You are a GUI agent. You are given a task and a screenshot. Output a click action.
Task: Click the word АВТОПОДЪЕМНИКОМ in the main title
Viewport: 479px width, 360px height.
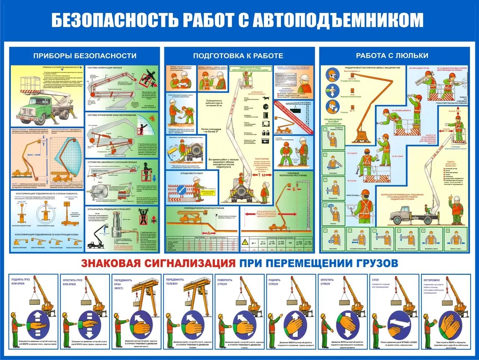click(338, 20)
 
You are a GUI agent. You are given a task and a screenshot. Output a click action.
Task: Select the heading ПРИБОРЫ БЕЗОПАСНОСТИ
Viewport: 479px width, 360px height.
click(85, 56)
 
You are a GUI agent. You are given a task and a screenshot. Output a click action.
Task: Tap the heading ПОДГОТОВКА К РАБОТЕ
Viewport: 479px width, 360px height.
click(238, 56)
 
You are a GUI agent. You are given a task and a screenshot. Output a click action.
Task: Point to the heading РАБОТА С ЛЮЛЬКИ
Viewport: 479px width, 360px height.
click(392, 55)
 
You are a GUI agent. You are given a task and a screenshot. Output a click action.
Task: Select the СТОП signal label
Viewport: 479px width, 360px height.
click(375, 280)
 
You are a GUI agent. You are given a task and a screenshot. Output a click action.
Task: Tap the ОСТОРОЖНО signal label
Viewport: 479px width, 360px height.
click(431, 280)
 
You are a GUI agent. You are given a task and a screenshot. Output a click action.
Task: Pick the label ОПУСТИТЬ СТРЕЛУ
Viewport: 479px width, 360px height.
click(327, 282)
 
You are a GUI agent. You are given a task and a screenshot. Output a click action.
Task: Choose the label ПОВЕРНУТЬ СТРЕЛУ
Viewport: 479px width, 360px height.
click(225, 282)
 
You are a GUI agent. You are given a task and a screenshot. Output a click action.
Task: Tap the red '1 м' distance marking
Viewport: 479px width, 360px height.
click(264, 175)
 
